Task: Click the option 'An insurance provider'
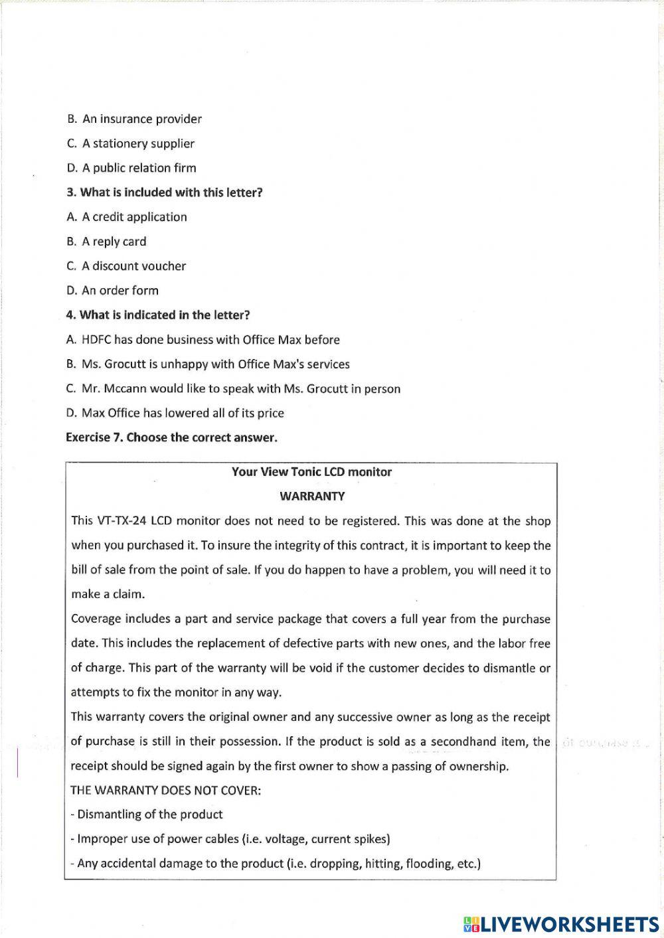click(x=141, y=119)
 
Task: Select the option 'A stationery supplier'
click(x=138, y=144)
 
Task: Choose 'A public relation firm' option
click(x=139, y=169)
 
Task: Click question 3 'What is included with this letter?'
click(x=165, y=193)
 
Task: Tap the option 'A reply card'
click(x=114, y=242)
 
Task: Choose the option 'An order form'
click(x=120, y=291)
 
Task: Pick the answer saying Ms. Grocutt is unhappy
click(x=215, y=364)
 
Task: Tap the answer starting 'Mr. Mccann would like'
click(x=240, y=389)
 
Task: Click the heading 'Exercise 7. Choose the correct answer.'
click(x=171, y=438)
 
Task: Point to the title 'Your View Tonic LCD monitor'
click(x=311, y=473)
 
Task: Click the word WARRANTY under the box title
click(x=312, y=497)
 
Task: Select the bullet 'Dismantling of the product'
click(x=149, y=815)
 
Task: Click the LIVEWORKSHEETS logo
click(x=561, y=923)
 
